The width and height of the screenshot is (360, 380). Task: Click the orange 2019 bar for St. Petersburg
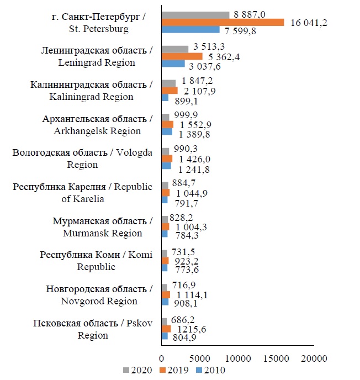point(223,22)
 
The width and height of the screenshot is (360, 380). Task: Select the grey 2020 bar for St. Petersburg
point(195,15)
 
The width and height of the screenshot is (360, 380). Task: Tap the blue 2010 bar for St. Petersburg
point(190,30)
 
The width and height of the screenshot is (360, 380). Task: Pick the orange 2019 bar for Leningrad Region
point(182,56)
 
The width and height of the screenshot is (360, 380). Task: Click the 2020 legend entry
point(135,370)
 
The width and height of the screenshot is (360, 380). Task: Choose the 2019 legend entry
point(174,370)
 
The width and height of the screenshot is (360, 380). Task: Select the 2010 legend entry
point(212,370)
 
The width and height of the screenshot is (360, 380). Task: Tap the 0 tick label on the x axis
point(162,358)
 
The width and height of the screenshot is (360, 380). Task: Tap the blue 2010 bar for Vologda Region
point(166,166)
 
